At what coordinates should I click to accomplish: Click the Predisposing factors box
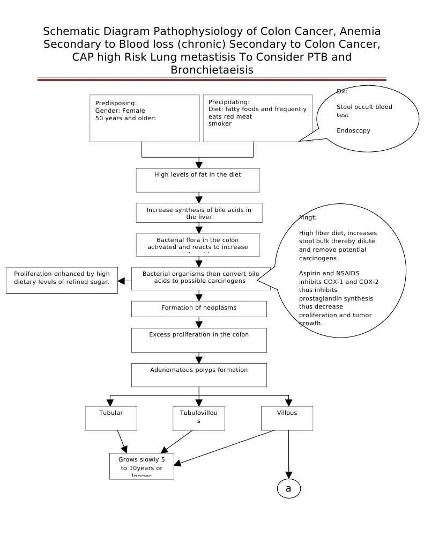(144, 119)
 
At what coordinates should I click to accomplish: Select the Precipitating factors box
(258, 119)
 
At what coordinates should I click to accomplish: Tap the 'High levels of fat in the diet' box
(198, 180)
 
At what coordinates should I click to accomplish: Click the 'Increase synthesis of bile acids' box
(199, 213)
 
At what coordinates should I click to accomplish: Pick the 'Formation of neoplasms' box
(199, 309)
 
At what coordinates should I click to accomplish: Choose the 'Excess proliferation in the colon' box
(199, 340)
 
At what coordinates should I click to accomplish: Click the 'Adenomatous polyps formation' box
(199, 375)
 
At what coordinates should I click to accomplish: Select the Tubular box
(111, 418)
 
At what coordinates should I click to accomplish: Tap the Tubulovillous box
(199, 418)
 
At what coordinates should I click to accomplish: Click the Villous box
(287, 418)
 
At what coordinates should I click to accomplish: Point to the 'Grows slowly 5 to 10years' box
(142, 466)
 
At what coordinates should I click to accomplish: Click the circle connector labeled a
(288, 488)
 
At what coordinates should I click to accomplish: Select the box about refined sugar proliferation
(62, 281)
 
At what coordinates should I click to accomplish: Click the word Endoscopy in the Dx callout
(353, 130)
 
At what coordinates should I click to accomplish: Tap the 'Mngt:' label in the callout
(308, 217)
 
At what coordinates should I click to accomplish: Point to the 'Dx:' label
(341, 91)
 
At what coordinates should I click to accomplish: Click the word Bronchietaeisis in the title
(212, 70)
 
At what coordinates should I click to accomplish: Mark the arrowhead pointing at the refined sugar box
(122, 281)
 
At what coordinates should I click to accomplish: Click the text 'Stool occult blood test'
(364, 111)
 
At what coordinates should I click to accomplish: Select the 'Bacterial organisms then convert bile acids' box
(200, 279)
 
